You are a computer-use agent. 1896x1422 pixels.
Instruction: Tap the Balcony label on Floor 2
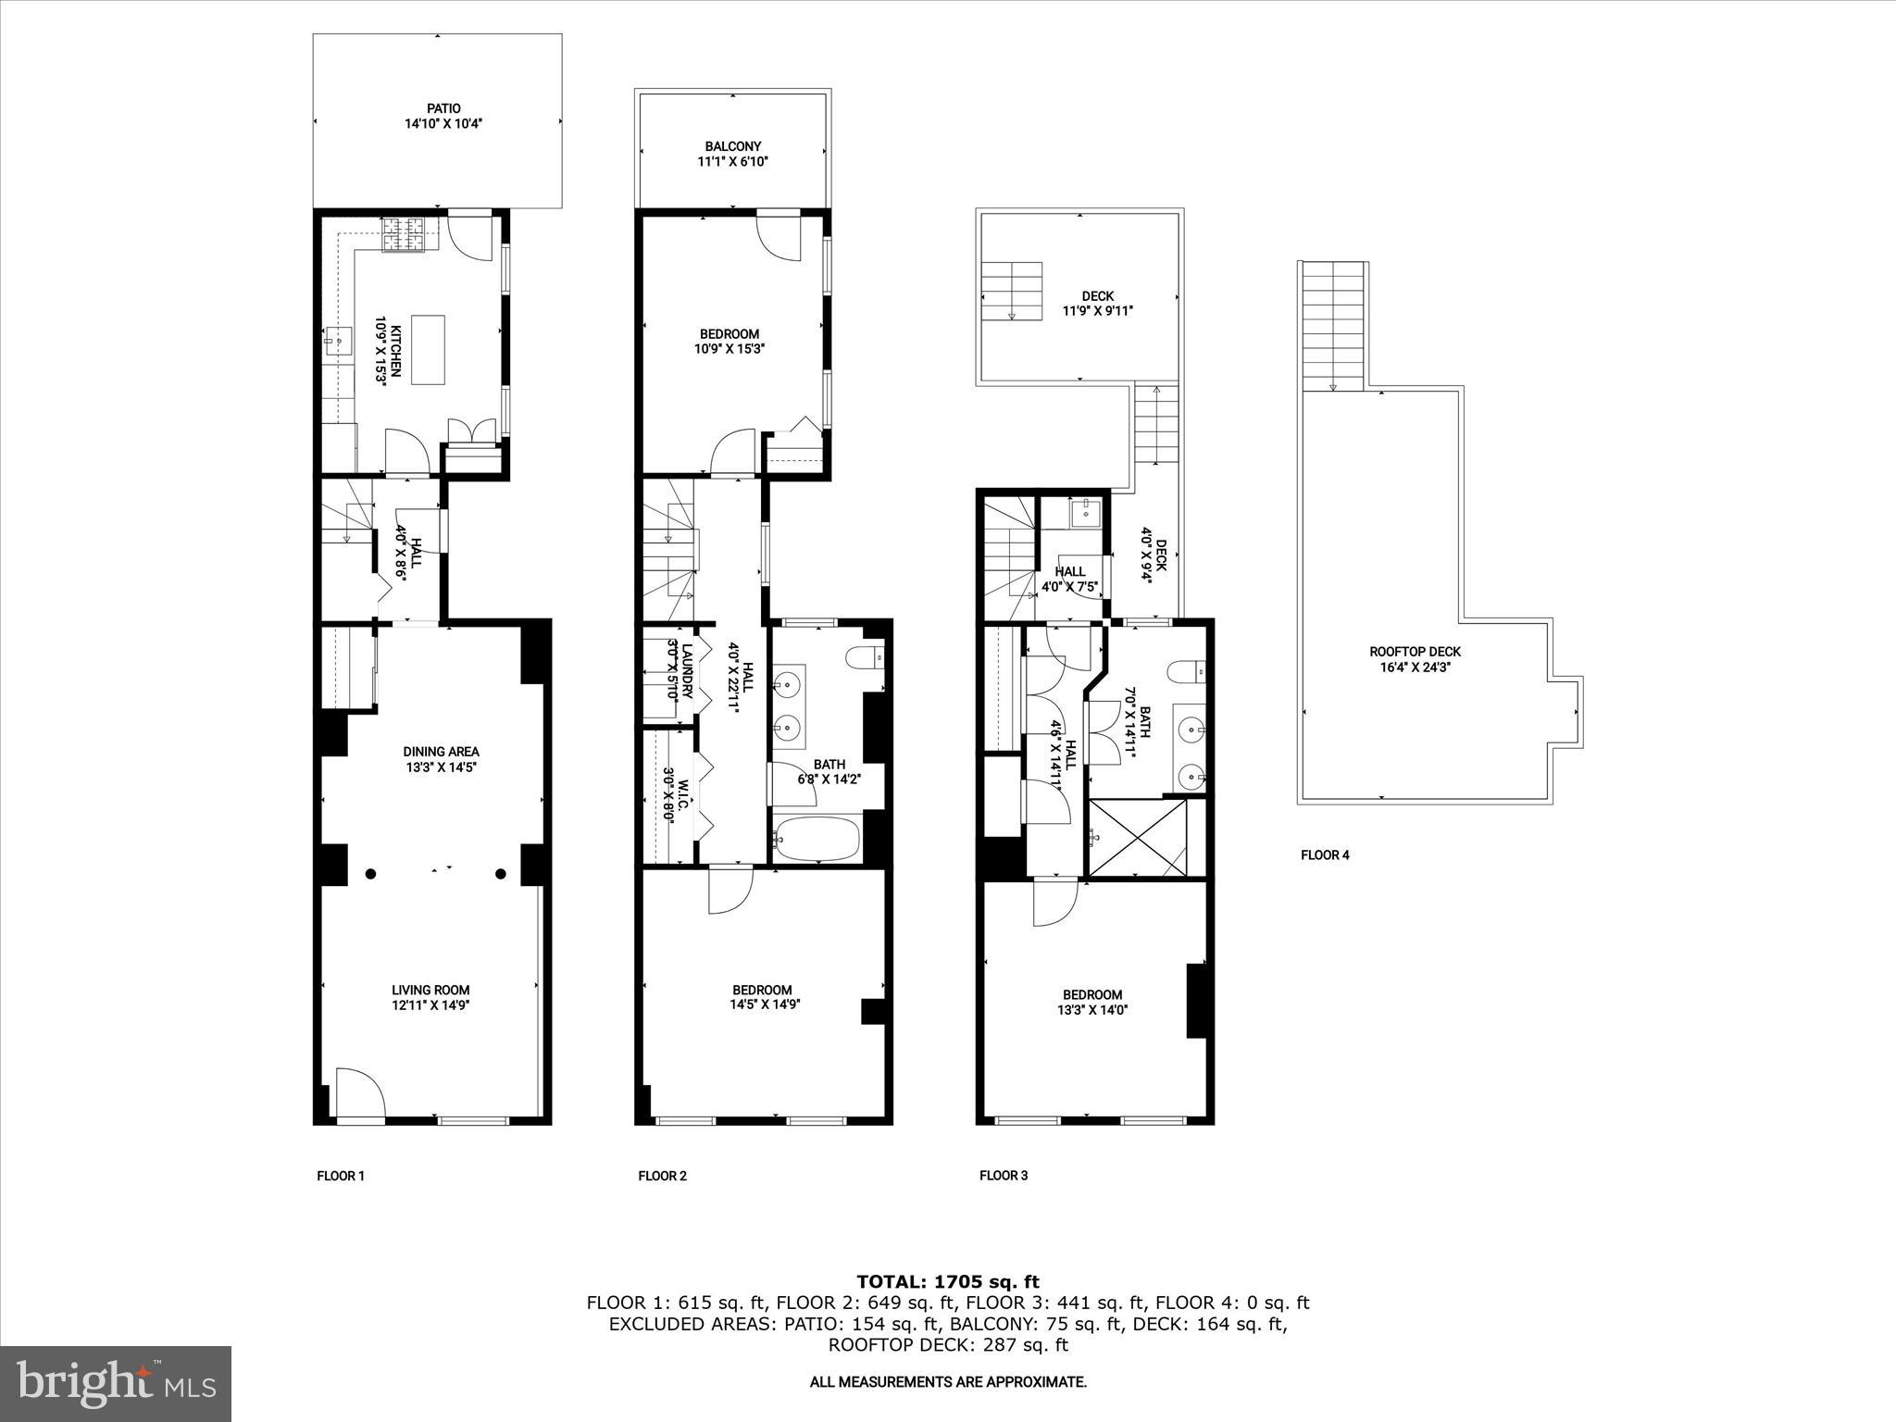tap(732, 146)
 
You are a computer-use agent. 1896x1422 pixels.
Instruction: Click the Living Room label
tap(430, 990)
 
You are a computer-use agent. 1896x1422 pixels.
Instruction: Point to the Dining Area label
tap(441, 752)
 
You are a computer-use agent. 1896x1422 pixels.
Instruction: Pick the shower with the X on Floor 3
tap(1139, 837)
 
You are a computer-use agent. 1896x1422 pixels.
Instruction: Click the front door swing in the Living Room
tap(360, 1094)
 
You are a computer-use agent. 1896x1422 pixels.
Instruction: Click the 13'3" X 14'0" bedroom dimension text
tap(1092, 1010)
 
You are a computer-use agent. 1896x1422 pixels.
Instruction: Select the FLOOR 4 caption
tap(1325, 855)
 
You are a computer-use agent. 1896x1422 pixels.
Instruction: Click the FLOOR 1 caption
tap(341, 1176)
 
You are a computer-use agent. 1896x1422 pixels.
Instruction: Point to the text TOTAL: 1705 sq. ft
tap(948, 1282)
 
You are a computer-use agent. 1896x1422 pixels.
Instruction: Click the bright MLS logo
tap(116, 1384)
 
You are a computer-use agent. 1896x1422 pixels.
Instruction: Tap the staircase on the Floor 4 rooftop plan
tap(1334, 326)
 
